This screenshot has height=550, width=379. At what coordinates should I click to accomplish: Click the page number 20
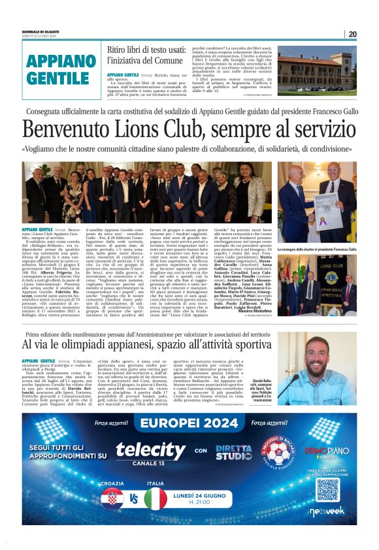click(x=353, y=34)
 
